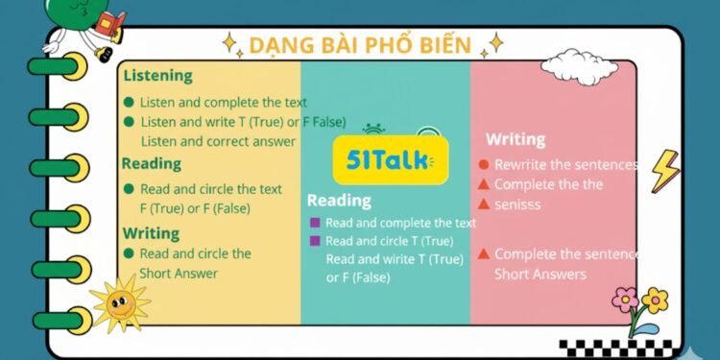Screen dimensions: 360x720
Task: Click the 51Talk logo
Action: (390, 159)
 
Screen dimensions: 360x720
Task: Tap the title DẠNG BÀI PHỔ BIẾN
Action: (359, 44)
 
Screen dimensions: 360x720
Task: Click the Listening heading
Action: (157, 75)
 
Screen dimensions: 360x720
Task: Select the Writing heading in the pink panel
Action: (515, 139)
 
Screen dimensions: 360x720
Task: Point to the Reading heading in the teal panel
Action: (339, 200)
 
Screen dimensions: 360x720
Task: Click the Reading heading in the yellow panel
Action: (151, 163)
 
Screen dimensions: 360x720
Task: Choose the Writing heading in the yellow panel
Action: (151, 232)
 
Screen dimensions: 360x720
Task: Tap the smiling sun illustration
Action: (120, 304)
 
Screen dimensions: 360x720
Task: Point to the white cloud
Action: (579, 66)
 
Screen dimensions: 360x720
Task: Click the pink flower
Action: (626, 300)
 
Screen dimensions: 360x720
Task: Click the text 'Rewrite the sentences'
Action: (565, 164)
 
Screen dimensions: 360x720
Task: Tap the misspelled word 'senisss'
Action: (517, 204)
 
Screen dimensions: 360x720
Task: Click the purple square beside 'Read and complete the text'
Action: (314, 223)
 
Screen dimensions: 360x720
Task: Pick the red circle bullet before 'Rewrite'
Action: (484, 165)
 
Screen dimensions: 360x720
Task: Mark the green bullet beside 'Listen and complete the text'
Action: (129, 102)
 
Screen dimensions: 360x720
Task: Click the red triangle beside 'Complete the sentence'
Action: (484, 253)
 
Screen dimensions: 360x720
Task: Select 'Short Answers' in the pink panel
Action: (540, 275)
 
